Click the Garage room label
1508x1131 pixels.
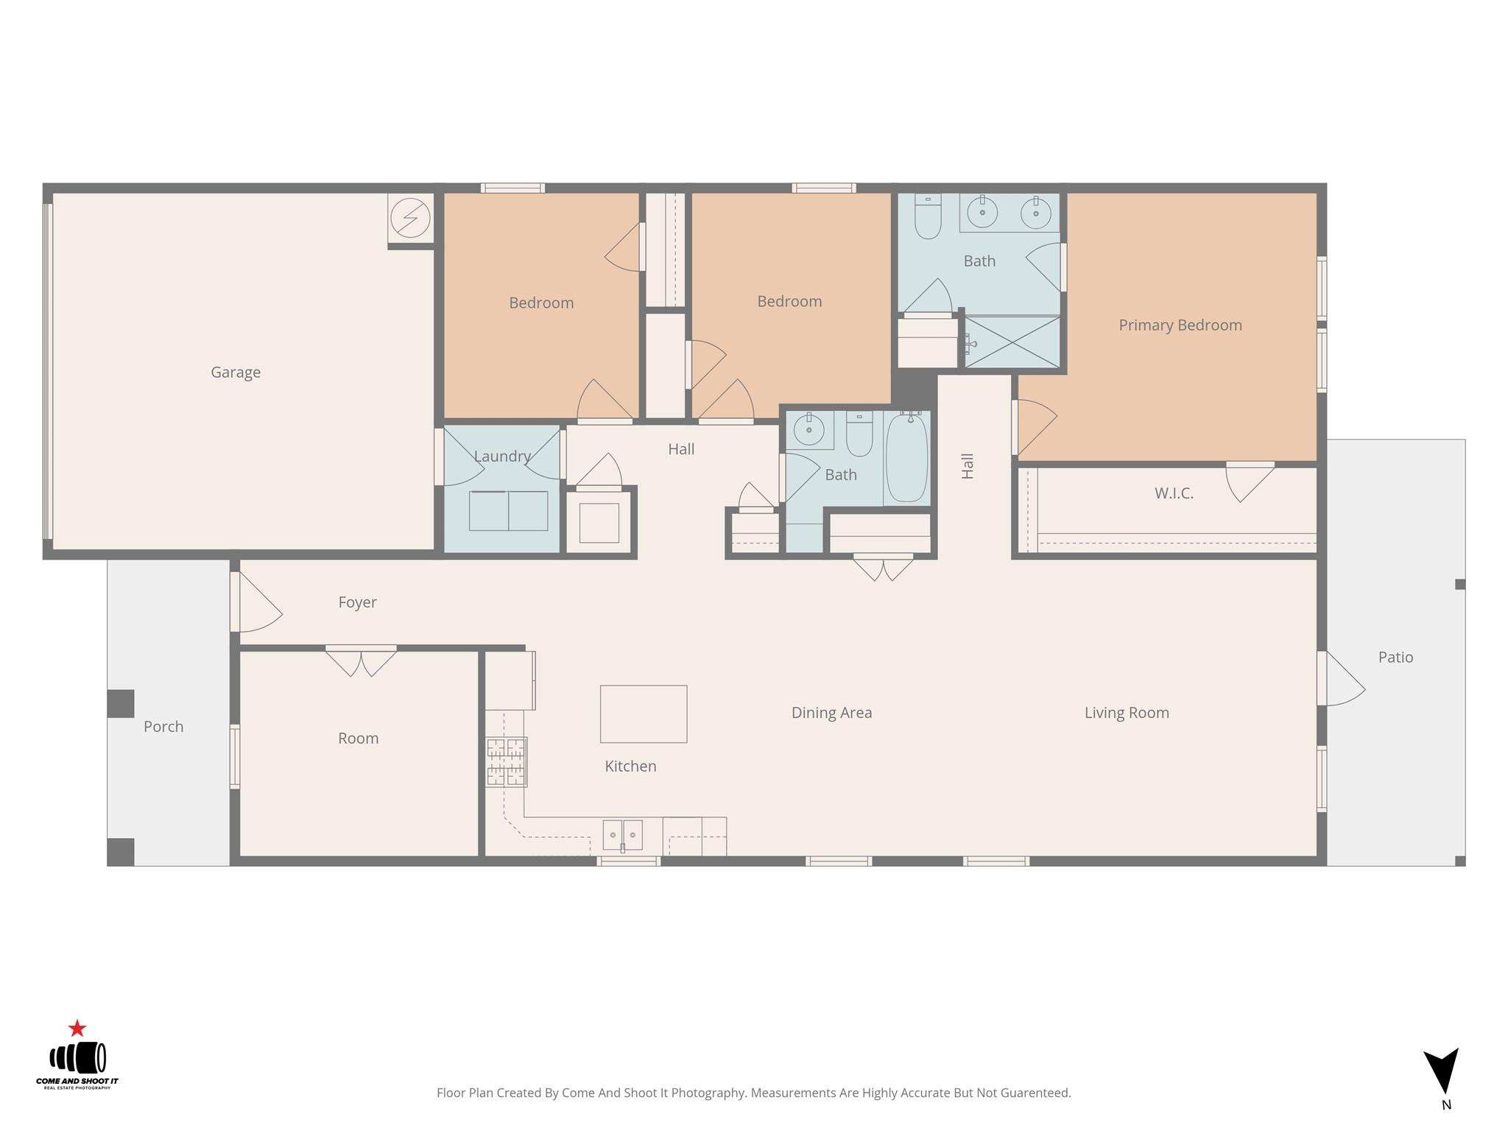pyautogui.click(x=236, y=373)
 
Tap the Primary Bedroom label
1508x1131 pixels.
pyautogui.click(x=1180, y=325)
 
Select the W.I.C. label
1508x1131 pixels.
pyautogui.click(x=1174, y=493)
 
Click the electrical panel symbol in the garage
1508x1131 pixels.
pyautogui.click(x=410, y=218)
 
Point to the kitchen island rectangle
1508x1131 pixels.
pyautogui.click(x=644, y=714)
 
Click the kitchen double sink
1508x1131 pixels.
pyautogui.click(x=622, y=835)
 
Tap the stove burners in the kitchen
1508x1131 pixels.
pyautogui.click(x=506, y=762)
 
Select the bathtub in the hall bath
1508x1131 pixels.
pyautogui.click(x=906, y=458)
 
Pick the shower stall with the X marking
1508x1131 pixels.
pyautogui.click(x=1012, y=342)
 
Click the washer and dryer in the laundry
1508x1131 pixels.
pyautogui.click(x=508, y=511)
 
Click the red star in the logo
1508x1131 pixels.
pyautogui.click(x=77, y=1028)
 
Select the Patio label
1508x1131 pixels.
pyautogui.click(x=1395, y=658)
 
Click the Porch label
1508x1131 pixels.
pyautogui.click(x=163, y=727)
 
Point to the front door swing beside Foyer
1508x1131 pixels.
pyautogui.click(x=258, y=604)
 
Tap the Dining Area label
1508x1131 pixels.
pyautogui.click(x=831, y=713)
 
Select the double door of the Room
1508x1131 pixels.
pyautogui.click(x=361, y=661)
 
